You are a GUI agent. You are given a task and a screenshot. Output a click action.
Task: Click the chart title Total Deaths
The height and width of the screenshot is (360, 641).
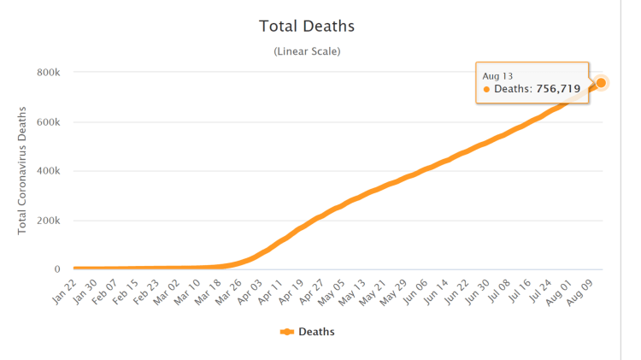[307, 27]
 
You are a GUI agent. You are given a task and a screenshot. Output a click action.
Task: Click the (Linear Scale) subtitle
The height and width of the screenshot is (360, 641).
[307, 51]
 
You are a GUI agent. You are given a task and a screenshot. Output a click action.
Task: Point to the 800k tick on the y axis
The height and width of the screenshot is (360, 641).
[48, 73]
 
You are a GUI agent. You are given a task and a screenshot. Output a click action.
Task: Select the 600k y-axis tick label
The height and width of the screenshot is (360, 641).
[48, 122]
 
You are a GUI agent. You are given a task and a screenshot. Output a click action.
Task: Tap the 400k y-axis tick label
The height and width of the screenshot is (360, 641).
[48, 171]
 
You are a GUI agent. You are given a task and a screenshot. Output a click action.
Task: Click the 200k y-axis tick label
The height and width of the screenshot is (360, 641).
[48, 221]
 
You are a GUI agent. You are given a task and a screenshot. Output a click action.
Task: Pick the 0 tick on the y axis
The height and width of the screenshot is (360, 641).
[56, 269]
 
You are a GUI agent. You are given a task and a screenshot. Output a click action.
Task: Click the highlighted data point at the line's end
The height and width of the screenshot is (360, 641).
[601, 82]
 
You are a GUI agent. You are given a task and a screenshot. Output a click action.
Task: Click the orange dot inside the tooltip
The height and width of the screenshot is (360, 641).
[486, 89]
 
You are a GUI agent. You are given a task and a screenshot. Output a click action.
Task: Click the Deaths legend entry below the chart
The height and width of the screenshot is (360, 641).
[307, 332]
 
